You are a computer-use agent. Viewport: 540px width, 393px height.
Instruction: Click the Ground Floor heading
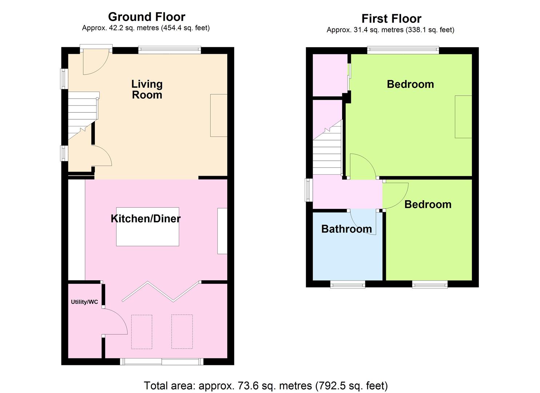(147, 17)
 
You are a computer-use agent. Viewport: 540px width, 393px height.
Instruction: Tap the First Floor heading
(392, 19)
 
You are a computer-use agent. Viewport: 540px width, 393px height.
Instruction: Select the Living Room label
(147, 90)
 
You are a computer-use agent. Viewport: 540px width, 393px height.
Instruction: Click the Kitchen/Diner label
(145, 219)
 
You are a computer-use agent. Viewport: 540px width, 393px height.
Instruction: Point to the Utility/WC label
(84, 302)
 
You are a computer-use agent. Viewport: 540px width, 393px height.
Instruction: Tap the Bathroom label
(347, 229)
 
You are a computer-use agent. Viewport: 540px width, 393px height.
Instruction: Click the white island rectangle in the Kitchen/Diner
(148, 227)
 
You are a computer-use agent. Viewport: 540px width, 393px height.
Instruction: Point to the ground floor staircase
(83, 115)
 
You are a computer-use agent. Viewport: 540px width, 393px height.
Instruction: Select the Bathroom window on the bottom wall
(348, 284)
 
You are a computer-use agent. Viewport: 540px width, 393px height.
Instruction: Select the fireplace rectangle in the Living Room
(219, 115)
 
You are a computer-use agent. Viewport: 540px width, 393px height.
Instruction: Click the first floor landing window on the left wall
(309, 190)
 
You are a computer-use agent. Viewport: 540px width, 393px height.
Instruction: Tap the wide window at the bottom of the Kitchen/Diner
(162, 362)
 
